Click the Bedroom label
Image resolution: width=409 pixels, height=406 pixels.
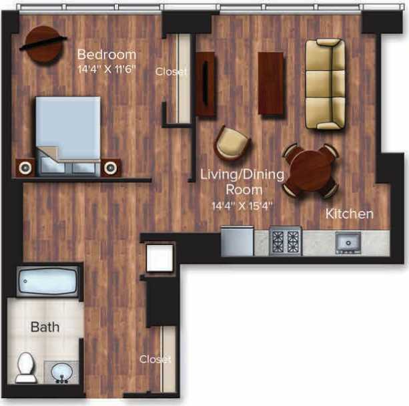click(x=107, y=54)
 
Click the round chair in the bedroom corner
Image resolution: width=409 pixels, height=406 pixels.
click(x=41, y=44)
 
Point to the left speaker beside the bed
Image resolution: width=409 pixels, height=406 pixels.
click(x=25, y=168)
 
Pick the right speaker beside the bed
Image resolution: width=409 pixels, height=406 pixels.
click(x=111, y=166)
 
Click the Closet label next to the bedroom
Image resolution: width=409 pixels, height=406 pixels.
click(x=171, y=71)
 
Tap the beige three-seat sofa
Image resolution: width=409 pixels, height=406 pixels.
click(x=325, y=84)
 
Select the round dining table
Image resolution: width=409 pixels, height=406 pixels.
click(x=311, y=170)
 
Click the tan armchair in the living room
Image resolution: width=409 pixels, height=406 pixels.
click(x=232, y=143)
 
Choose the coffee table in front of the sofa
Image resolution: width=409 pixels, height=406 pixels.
click(x=271, y=83)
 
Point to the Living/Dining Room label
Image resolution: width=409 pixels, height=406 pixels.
click(x=242, y=182)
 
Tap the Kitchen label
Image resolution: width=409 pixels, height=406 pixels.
click(x=349, y=214)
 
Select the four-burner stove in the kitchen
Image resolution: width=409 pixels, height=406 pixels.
click(x=286, y=241)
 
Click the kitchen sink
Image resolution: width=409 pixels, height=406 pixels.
click(x=348, y=242)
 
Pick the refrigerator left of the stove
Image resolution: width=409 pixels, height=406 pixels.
click(x=237, y=241)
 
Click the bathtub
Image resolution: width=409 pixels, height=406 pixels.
click(x=48, y=283)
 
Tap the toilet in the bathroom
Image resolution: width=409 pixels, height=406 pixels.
click(x=25, y=368)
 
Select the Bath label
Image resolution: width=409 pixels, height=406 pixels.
click(x=45, y=327)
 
